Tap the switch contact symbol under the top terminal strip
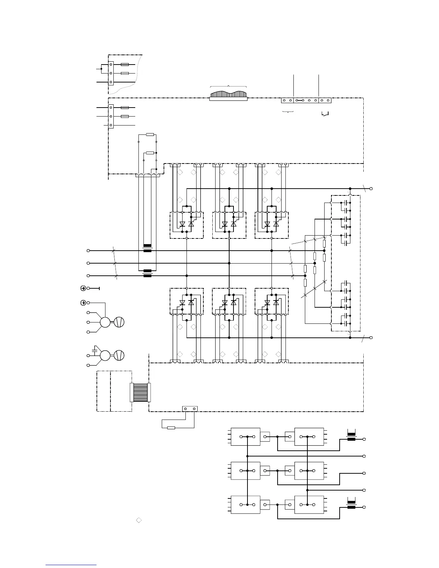[325, 114]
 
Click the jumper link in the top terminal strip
[299, 100]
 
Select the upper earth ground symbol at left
[83, 288]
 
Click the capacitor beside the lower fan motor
[95, 348]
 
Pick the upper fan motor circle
[105, 322]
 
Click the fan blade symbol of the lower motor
[119, 355]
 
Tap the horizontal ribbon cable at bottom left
[140, 392]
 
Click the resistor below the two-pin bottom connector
[171, 427]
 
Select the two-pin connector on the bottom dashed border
[190, 408]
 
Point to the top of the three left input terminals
[88, 251]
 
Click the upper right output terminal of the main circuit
[371, 188]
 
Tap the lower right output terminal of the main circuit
[371, 337]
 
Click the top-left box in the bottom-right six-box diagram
[245, 437]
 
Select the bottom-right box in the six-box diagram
[309, 505]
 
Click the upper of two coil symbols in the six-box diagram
[351, 437]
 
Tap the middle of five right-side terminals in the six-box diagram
[364, 473]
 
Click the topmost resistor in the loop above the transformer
[150, 134]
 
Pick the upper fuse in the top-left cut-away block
[125, 65]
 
